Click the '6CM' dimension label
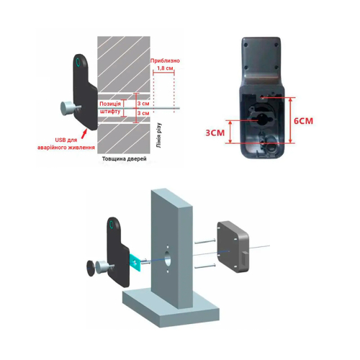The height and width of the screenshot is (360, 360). click(303, 121)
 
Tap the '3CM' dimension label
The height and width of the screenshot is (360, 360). click(215, 132)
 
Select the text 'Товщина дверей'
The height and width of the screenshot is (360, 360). click(124, 159)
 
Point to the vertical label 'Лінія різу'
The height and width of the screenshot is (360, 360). click(158, 135)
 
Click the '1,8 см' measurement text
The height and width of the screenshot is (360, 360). click(165, 68)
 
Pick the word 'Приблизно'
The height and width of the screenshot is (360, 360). click(165, 60)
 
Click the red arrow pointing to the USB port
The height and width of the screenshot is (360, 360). click(84, 134)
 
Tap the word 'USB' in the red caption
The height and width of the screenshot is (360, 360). click(60, 140)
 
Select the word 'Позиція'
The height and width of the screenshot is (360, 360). click(110, 104)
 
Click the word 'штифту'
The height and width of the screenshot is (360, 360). click(109, 112)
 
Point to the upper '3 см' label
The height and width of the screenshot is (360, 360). click(143, 104)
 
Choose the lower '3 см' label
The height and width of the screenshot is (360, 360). click(143, 113)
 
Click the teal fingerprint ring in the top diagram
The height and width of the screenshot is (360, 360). click(78, 62)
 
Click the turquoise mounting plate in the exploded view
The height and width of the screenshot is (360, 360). click(135, 261)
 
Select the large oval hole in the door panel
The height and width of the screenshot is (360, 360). click(168, 258)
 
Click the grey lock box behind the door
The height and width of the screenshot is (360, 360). click(233, 247)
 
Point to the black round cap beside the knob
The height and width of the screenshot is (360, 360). click(91, 268)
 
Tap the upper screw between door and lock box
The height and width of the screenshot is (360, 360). click(205, 242)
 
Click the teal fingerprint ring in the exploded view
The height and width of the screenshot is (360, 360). click(111, 225)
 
